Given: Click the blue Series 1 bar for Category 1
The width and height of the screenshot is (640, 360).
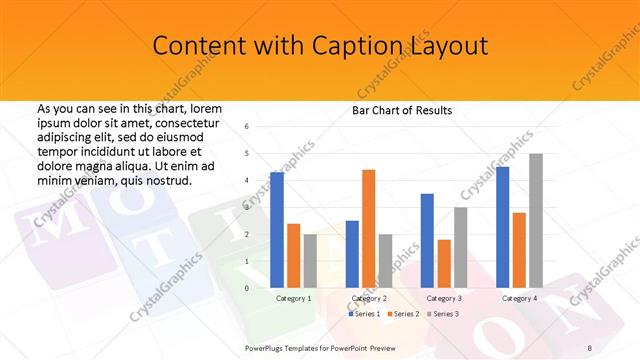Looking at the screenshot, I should (x=277, y=230).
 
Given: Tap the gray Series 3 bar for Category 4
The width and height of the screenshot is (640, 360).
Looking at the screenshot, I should (x=536, y=221).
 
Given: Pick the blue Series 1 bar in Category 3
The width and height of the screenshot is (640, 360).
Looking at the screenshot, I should (x=427, y=241).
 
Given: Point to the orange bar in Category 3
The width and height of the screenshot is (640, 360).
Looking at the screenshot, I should (x=444, y=264).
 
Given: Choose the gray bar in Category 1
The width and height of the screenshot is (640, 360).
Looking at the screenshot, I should (x=311, y=261).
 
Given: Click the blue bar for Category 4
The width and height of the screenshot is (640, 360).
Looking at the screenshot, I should (x=502, y=227).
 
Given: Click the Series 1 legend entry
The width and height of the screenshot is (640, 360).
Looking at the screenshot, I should (x=366, y=314).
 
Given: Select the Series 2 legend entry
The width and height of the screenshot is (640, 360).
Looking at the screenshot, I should (x=403, y=314).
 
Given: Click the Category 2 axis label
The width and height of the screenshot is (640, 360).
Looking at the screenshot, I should (x=369, y=298).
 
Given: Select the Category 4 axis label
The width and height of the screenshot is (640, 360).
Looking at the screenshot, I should (x=519, y=298).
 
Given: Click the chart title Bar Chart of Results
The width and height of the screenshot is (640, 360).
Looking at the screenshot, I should (x=402, y=110).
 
